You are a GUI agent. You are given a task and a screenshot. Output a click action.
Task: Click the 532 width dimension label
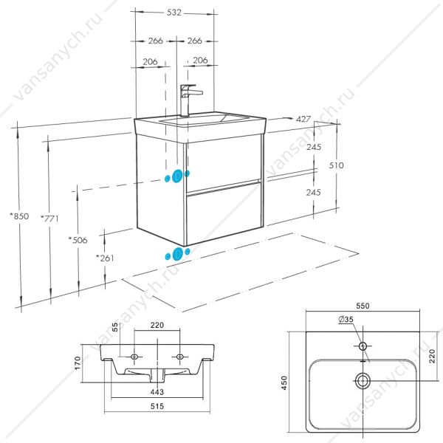point(174,13)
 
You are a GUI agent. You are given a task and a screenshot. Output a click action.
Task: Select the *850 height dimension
point(19,216)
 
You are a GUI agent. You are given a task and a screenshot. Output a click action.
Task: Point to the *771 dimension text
point(49,219)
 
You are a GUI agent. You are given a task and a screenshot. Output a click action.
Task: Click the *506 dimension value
point(78,240)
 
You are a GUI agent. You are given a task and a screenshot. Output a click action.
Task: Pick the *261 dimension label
point(105,258)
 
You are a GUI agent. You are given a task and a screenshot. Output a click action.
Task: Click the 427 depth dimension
point(303,119)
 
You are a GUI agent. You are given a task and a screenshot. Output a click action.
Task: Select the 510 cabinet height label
point(336,165)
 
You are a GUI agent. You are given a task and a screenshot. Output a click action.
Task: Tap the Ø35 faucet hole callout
point(346,319)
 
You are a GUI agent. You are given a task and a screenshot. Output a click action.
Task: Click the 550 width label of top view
point(363,306)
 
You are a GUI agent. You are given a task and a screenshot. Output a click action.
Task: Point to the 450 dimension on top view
point(284,382)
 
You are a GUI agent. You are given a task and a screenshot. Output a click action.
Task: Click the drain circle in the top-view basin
point(363,381)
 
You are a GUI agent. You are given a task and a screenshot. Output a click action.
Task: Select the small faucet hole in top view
point(363,346)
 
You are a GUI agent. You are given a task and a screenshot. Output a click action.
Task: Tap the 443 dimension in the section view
point(157,392)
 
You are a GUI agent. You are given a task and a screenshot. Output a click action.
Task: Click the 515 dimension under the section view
point(157,406)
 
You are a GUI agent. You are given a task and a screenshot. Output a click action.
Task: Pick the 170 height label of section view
point(78,363)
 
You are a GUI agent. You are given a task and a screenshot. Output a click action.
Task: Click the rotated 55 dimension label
point(116,327)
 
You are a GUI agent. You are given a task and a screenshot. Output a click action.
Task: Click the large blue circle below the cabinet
point(177,254)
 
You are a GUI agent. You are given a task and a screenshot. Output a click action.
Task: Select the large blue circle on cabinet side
point(177,176)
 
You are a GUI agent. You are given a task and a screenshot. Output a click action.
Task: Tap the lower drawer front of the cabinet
point(224,214)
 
